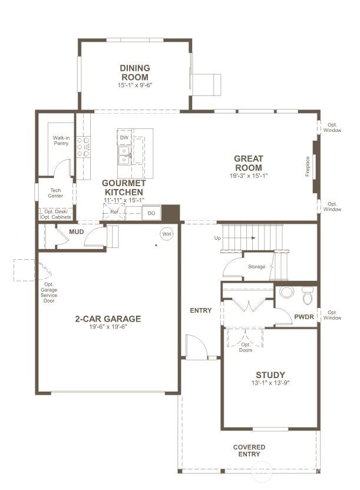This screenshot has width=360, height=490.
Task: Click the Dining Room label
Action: coord(135,72)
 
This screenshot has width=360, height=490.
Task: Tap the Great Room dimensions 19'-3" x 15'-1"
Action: coord(249,176)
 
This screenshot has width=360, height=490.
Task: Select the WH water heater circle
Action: coord(167,234)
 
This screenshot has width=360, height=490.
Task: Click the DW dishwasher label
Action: coord(124,138)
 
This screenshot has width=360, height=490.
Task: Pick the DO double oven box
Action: coord(151,213)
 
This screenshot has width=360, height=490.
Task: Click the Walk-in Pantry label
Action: coord(61,141)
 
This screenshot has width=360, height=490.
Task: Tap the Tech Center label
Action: coord(56,193)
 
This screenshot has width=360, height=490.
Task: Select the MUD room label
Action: coord(76,232)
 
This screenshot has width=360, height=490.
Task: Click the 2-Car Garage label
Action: coord(108,319)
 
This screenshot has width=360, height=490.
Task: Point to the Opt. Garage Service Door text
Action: coord(49,293)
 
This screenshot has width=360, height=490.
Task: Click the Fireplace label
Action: coord(308,165)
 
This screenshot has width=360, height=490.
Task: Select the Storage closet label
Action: coord(256,267)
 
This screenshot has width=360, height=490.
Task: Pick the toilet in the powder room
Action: coord(308,294)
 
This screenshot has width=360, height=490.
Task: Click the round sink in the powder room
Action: coord(286,292)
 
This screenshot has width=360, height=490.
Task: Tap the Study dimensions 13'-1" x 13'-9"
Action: coord(270,383)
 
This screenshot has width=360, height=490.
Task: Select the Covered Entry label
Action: coord(249,451)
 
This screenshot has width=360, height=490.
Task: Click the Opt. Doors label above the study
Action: coord(246,347)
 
